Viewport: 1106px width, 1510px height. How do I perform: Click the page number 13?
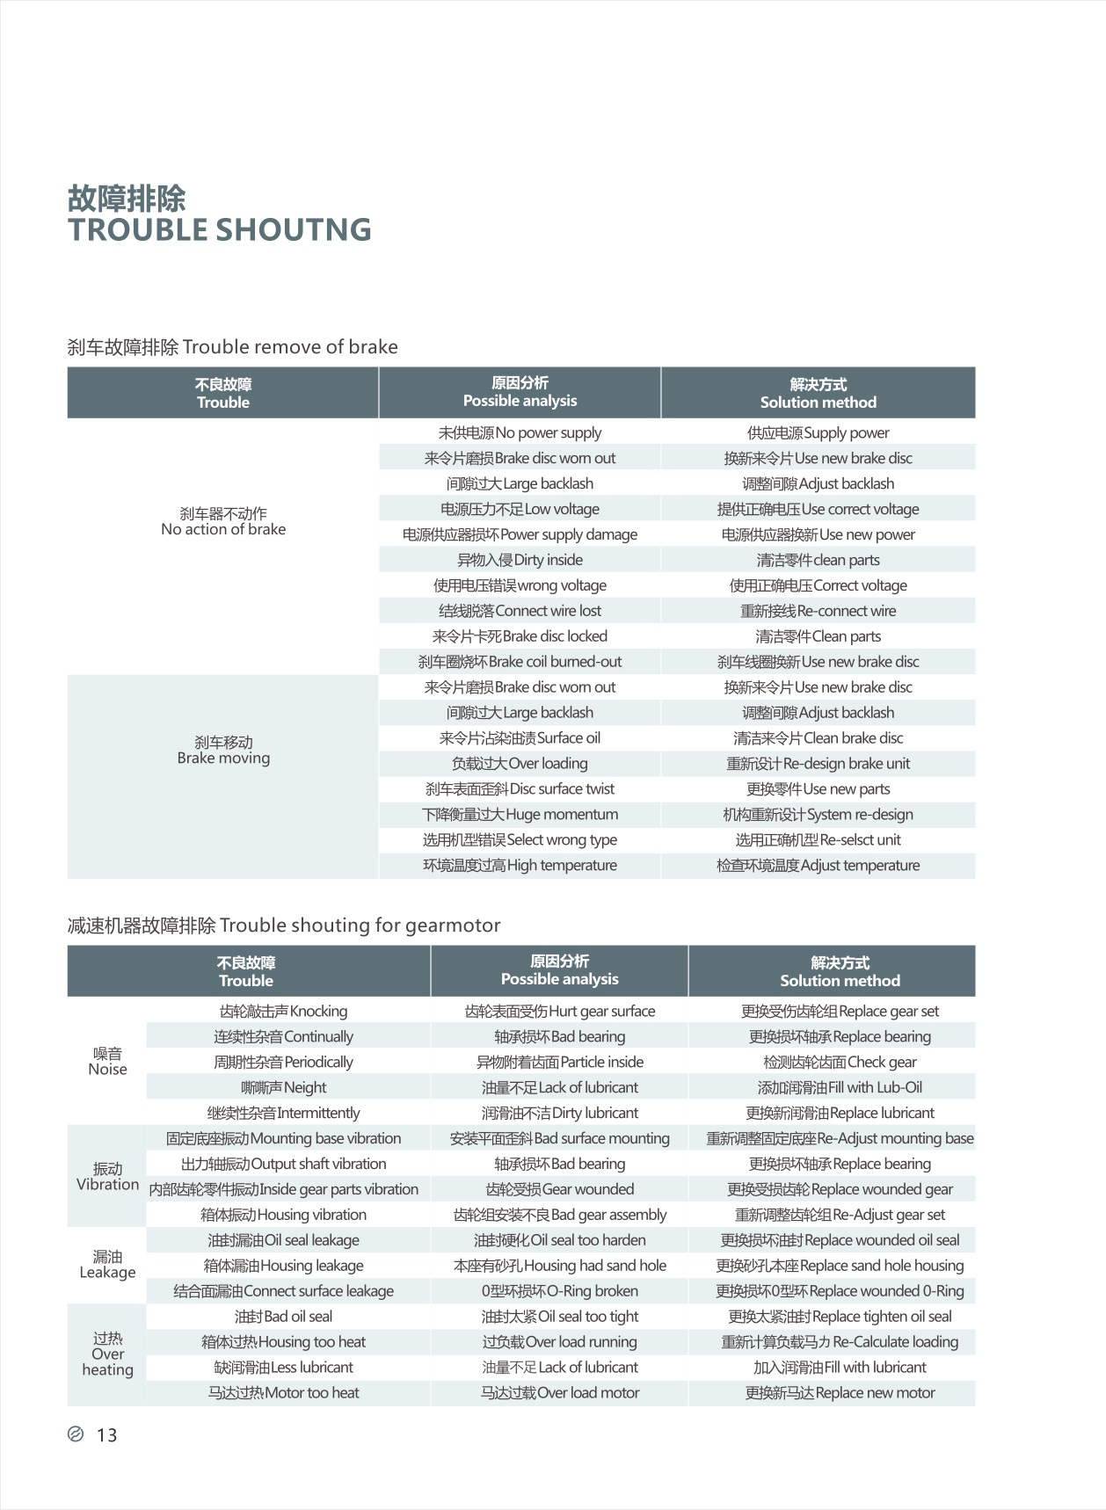click(x=106, y=1435)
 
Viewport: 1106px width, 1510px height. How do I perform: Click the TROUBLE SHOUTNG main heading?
click(x=219, y=230)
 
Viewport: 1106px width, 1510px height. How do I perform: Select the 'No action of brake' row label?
click(x=223, y=522)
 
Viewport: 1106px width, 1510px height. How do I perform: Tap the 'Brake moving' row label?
click(x=223, y=751)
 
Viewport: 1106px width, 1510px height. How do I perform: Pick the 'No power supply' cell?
click(x=520, y=433)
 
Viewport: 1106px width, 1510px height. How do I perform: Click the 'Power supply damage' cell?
click(x=520, y=535)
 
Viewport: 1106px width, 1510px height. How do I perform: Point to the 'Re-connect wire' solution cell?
click(x=818, y=612)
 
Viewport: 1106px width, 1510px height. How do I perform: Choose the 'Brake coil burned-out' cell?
click(x=520, y=663)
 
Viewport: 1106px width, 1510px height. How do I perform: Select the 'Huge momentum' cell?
click(x=520, y=816)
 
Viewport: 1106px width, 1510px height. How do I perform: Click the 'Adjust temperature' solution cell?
click(x=818, y=867)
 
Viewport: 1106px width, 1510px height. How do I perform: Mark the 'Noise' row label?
click(x=107, y=1062)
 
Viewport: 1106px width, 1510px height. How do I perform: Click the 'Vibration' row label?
click(x=107, y=1177)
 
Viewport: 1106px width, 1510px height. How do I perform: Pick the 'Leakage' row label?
click(x=107, y=1265)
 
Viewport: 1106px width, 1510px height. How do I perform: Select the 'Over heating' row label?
click(x=107, y=1354)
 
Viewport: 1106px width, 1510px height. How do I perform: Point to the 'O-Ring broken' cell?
click(x=559, y=1292)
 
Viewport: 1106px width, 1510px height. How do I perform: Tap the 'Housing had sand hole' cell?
click(x=559, y=1267)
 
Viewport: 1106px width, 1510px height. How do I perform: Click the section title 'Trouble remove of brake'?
click(x=233, y=347)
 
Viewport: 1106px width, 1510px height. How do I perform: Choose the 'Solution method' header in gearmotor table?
click(x=840, y=972)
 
